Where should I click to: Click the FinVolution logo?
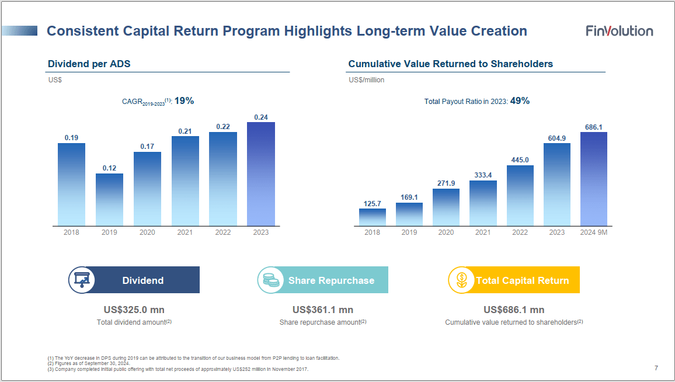[620, 31]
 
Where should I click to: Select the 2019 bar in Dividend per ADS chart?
[109, 199]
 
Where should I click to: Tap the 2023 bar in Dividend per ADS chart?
[260, 173]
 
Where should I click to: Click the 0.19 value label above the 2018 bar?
[71, 138]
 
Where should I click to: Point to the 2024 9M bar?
[593, 179]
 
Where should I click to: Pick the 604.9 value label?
[556, 138]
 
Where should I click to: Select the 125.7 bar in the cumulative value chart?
[372, 217]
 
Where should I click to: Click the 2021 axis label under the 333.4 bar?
[483, 232]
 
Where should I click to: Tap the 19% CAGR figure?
[184, 101]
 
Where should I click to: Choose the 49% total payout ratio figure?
[520, 101]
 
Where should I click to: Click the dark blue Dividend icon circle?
[81, 280]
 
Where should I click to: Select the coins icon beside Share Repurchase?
[270, 280]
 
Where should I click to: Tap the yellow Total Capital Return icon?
[461, 280]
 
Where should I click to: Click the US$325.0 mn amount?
[134, 310]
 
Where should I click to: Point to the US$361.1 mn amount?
[323, 310]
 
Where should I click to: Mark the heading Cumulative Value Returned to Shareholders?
[450, 64]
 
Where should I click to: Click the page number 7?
[656, 368]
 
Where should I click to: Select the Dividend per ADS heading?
[89, 64]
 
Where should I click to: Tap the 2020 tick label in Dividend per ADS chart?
[147, 232]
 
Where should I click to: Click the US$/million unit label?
[366, 80]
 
